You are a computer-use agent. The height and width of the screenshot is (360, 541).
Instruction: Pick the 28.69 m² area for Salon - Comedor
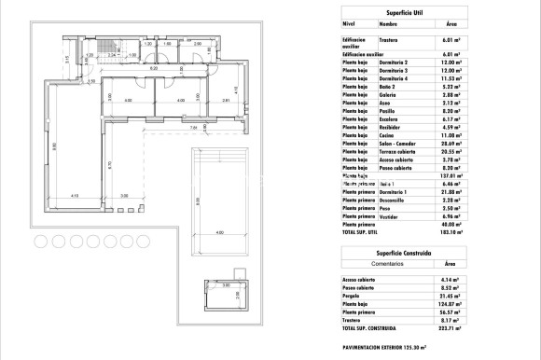(452, 145)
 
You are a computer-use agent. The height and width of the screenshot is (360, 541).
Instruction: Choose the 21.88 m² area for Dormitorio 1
(452, 191)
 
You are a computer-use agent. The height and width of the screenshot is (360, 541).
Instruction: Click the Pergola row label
(354, 296)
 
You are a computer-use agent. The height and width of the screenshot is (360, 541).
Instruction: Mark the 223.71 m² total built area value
(452, 327)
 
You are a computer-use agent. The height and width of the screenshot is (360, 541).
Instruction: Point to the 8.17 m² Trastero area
(451, 319)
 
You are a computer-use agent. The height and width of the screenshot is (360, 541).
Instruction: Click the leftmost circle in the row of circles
(41, 242)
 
